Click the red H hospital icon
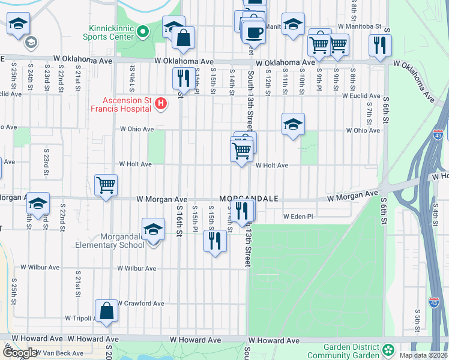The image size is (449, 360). [160, 104]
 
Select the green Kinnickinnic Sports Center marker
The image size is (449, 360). [143, 31]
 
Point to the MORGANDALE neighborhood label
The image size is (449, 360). [249, 198]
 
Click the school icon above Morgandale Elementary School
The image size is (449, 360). [153, 230]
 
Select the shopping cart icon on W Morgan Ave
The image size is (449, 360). [106, 184]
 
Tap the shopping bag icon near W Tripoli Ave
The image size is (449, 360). [106, 311]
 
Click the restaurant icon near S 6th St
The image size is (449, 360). [381, 44]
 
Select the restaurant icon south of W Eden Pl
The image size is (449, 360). [215, 241]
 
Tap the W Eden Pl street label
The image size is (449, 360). [298, 217]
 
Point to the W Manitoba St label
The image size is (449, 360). [360, 26]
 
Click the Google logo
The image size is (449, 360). [19, 353]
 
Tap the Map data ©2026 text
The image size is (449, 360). [424, 355]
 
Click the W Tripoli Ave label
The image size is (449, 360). [79, 318]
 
